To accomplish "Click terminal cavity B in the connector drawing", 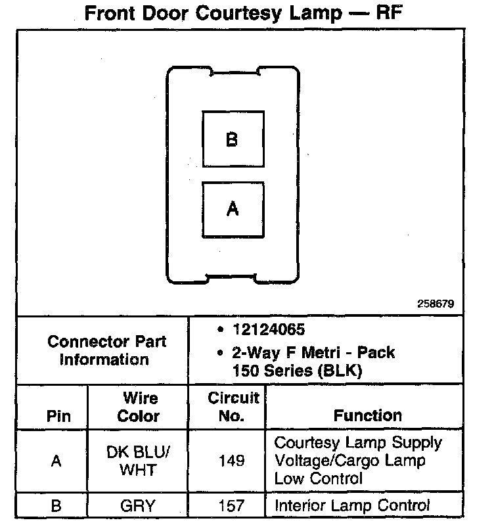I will (x=233, y=140).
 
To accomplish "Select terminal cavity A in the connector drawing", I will (x=233, y=210).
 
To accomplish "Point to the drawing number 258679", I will (x=436, y=304).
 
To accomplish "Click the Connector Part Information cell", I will (x=107, y=350).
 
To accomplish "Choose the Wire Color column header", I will (x=139, y=407).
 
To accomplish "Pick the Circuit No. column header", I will (x=233, y=407).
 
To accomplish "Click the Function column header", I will (x=368, y=415).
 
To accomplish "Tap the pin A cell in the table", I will (x=56, y=461).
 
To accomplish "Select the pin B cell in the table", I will (x=56, y=505).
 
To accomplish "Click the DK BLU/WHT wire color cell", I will (x=139, y=461).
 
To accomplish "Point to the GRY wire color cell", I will (x=139, y=505).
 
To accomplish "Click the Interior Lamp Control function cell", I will (x=352, y=505).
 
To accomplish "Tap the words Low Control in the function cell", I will (x=318, y=478).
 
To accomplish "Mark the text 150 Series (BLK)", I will (x=297, y=370).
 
